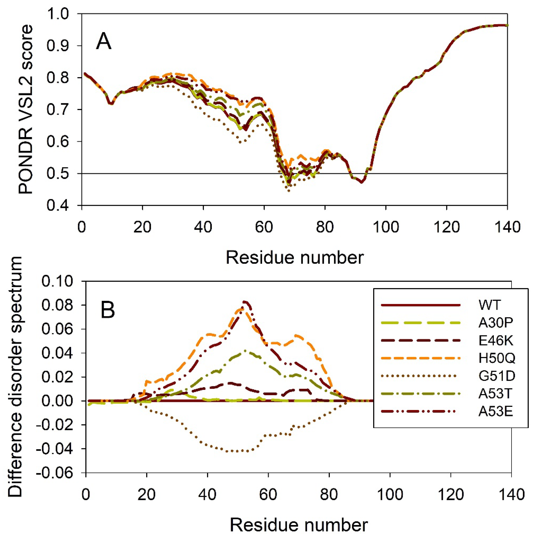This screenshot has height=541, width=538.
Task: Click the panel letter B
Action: coord(107,310)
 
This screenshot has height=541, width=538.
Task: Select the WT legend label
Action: coord(489,305)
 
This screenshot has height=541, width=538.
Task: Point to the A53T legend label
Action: coord(495,394)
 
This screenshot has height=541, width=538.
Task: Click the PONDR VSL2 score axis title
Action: coord(26,109)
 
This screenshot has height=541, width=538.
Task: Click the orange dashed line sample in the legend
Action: coord(421,358)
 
